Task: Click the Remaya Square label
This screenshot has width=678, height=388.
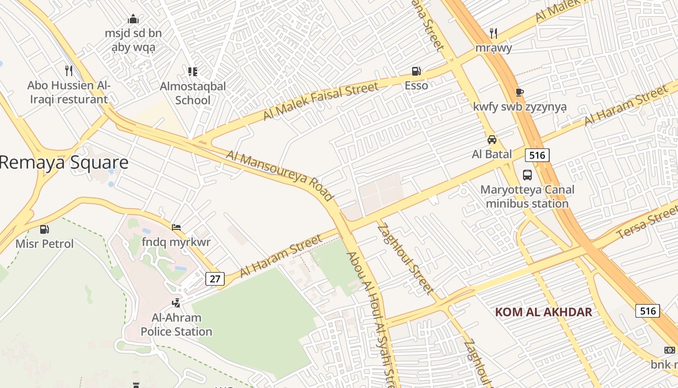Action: tap(64, 162)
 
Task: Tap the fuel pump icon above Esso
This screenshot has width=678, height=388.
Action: tap(416, 71)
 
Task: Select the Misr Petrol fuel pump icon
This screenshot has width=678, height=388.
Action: tap(45, 229)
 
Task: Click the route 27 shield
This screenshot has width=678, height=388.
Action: tap(215, 279)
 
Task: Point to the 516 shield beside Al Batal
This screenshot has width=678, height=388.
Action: tap(537, 155)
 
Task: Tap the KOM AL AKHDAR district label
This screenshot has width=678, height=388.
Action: tap(543, 312)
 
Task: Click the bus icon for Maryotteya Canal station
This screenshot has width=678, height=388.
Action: tap(527, 175)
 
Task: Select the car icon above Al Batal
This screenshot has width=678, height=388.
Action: tap(492, 140)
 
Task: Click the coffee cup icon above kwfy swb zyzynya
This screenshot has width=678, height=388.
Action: tap(520, 92)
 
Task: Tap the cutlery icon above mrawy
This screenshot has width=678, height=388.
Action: tap(493, 33)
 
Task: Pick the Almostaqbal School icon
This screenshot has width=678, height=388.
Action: tap(193, 72)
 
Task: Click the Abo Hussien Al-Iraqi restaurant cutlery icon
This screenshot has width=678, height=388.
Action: tap(69, 71)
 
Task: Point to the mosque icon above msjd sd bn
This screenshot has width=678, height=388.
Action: tap(133, 19)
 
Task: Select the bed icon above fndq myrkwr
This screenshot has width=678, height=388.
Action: tap(176, 227)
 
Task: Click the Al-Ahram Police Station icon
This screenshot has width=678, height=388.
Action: tap(176, 303)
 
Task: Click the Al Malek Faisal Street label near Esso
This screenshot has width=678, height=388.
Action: tap(320, 101)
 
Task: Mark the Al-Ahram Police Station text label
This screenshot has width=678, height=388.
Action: tap(176, 325)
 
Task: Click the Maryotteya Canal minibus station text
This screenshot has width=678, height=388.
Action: tap(527, 196)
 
